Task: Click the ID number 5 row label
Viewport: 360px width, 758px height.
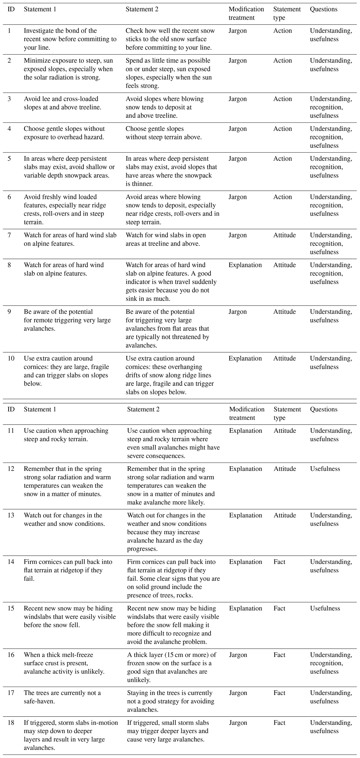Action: click(9, 159)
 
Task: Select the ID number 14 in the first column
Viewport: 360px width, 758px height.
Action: click(11, 562)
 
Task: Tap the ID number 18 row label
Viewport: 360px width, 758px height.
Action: click(11, 723)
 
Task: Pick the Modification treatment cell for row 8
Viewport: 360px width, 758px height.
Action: click(245, 265)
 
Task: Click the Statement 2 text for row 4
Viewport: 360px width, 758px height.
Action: click(164, 133)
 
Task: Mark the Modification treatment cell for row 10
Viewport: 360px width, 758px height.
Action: click(245, 358)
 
